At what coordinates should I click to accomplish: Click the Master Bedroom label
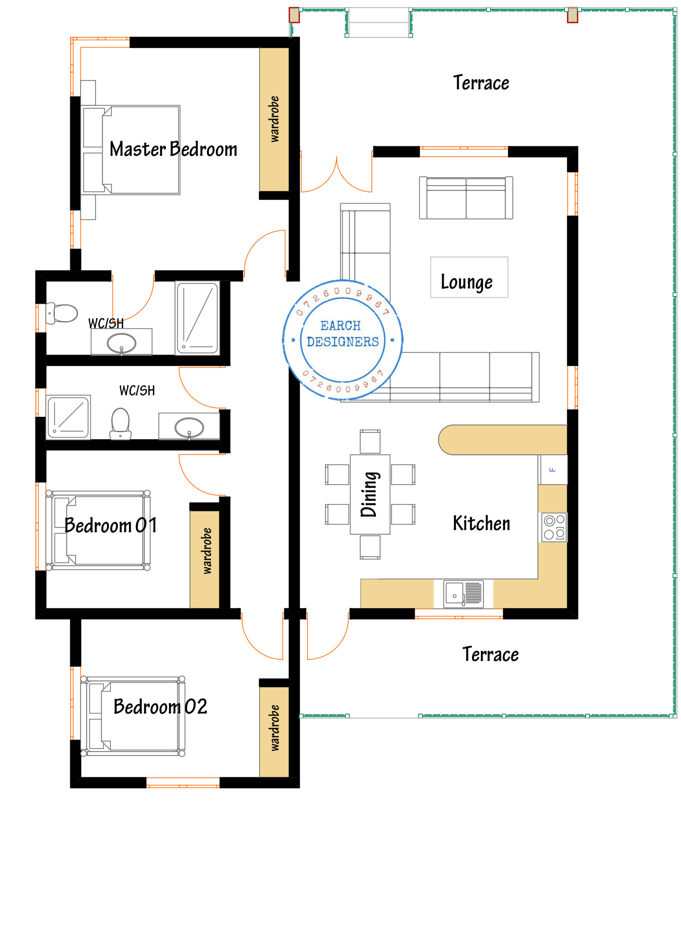pos(173,149)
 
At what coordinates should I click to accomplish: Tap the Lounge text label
pos(466,282)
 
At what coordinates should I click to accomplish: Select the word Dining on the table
pos(370,494)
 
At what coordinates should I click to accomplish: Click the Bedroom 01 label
pos(110,525)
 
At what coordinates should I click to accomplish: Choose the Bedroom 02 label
pos(160,707)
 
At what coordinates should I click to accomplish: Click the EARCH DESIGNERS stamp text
pos(343,334)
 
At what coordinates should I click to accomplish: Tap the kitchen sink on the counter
pos(463,593)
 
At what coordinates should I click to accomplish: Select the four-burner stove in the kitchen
pos(554,527)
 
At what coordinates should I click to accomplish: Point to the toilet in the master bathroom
pos(62,313)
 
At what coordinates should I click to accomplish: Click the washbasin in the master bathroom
pos(121,343)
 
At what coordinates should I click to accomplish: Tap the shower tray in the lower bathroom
pos(68,417)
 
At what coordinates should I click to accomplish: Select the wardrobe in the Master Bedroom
pos(274,120)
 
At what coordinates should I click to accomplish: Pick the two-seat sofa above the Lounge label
pos(466,198)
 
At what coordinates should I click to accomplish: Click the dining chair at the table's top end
pos(370,442)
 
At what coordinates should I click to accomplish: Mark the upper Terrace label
pos(481,82)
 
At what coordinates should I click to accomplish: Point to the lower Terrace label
pos(490,654)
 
